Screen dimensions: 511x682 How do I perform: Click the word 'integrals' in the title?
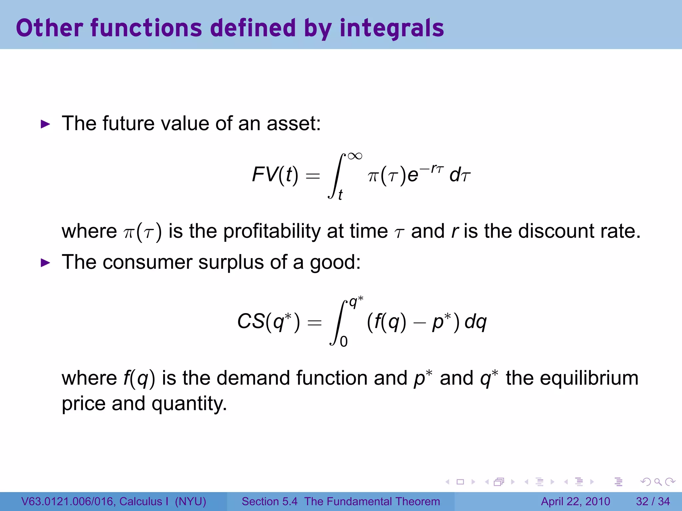click(392, 28)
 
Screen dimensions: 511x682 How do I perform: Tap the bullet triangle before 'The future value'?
click(45, 124)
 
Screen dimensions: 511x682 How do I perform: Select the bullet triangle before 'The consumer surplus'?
click(45, 263)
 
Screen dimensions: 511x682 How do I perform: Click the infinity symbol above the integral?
click(355, 156)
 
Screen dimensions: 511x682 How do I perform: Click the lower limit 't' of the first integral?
click(340, 195)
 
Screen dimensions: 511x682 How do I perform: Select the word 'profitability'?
click(272, 232)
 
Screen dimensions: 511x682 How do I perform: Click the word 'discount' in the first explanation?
click(556, 231)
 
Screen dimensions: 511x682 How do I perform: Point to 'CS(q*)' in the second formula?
click(268, 322)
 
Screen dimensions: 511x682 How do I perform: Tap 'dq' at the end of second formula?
click(476, 322)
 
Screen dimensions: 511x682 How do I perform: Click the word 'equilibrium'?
click(589, 378)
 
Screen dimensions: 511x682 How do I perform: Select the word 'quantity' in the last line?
click(189, 404)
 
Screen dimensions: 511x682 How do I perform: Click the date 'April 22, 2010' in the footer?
click(575, 501)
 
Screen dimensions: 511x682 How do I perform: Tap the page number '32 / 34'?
click(653, 501)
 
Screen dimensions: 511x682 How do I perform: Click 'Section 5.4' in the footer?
click(269, 501)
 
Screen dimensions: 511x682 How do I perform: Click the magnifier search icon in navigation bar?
click(658, 482)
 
